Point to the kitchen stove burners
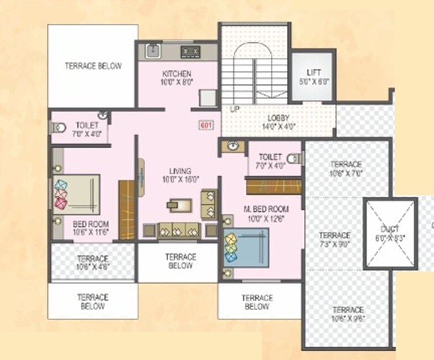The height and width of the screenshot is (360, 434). pos(190,52)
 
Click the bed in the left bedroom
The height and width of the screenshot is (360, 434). pos(76,194)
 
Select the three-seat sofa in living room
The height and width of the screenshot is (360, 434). pos(178,229)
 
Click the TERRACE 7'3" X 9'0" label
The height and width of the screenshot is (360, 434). pos(334,239)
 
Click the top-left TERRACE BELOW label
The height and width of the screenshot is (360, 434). pos(93,66)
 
